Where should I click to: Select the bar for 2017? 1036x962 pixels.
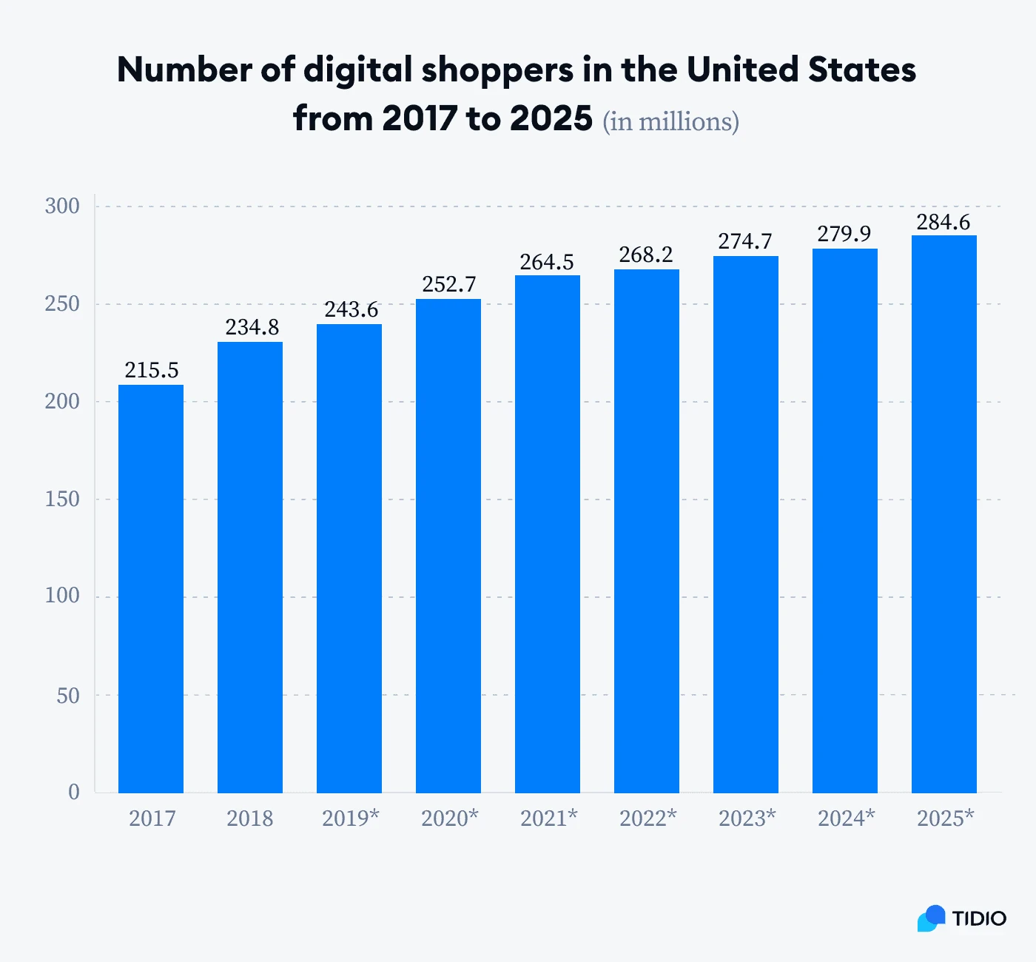pyautogui.click(x=151, y=588)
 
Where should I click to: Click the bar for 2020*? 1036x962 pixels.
pyautogui.click(x=448, y=545)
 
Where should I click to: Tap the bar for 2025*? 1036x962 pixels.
pyautogui.click(x=944, y=514)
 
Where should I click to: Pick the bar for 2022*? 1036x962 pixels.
pyautogui.click(x=647, y=531)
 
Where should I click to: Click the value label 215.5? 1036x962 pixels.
pyautogui.click(x=151, y=370)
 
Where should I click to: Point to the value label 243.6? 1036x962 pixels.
pyautogui.click(x=351, y=309)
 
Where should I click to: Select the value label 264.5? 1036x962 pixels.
pyautogui.click(x=547, y=262)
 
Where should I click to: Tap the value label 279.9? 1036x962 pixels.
pyautogui.click(x=844, y=234)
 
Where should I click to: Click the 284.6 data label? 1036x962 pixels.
pyautogui.click(x=943, y=222)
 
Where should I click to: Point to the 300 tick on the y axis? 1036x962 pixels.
pyautogui.click(x=62, y=206)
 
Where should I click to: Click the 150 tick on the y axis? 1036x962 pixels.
pyautogui.click(x=62, y=499)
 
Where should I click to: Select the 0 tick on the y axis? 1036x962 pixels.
pyautogui.click(x=74, y=792)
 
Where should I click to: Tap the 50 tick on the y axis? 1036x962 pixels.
pyautogui.click(x=68, y=696)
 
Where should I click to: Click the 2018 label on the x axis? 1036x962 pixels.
pyautogui.click(x=250, y=818)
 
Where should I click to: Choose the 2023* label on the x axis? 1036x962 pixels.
pyautogui.click(x=747, y=818)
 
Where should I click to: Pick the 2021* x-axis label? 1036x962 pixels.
pyautogui.click(x=548, y=818)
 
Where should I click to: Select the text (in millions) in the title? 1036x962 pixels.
pyautogui.click(x=670, y=121)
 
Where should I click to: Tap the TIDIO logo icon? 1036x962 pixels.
pyautogui.click(x=932, y=918)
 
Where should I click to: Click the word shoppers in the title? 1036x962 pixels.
pyautogui.click(x=497, y=71)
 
